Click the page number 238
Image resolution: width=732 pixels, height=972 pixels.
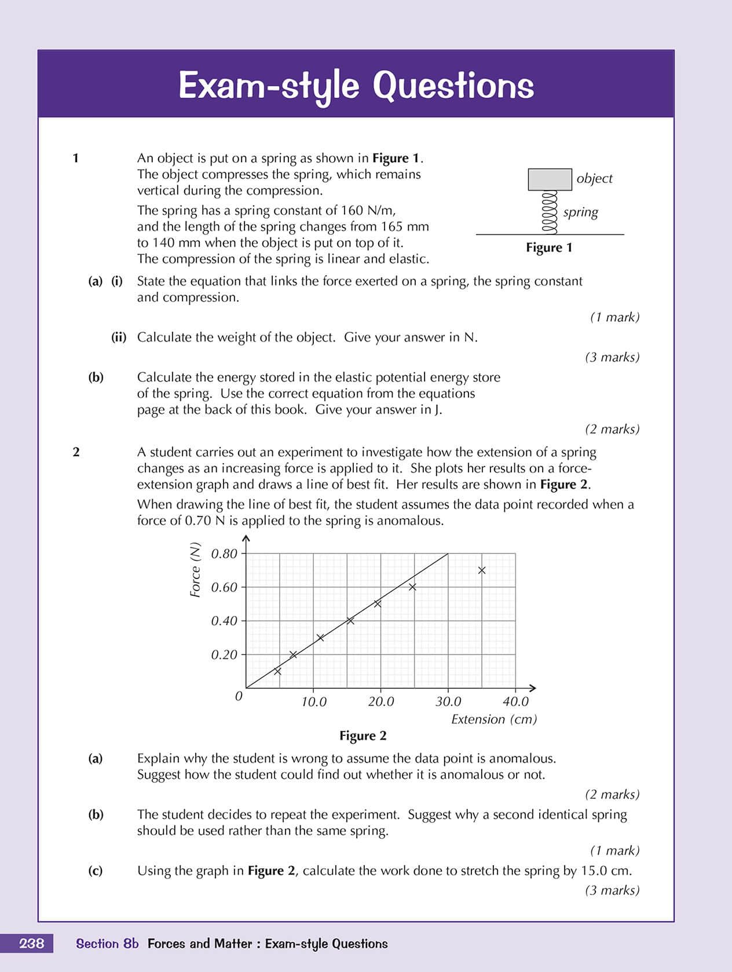(x=31, y=944)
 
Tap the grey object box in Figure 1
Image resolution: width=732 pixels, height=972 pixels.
(x=550, y=179)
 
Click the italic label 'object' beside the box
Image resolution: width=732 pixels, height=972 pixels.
(x=594, y=178)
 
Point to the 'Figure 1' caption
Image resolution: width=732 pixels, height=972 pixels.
(x=549, y=248)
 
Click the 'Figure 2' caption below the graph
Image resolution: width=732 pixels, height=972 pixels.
(x=363, y=736)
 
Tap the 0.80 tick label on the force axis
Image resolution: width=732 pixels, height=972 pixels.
(x=224, y=554)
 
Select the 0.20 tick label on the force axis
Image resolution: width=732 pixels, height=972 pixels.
(x=224, y=655)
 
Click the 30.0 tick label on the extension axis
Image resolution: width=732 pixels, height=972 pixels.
(x=448, y=702)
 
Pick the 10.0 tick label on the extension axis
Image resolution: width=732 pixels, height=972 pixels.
(x=314, y=702)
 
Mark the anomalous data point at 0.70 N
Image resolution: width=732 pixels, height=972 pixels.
(x=482, y=571)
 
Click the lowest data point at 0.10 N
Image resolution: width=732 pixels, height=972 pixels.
(x=277, y=672)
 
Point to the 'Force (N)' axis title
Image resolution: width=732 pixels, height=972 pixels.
(x=195, y=570)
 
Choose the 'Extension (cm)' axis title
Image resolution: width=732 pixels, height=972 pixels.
(x=494, y=719)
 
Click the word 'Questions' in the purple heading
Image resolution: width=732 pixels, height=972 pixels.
(x=453, y=86)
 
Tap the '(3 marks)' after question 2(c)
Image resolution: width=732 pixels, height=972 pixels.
(x=612, y=890)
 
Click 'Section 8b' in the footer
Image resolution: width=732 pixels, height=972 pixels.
(x=108, y=944)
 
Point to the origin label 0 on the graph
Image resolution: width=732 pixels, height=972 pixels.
(x=239, y=696)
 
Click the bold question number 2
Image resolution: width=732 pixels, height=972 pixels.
(x=76, y=452)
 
